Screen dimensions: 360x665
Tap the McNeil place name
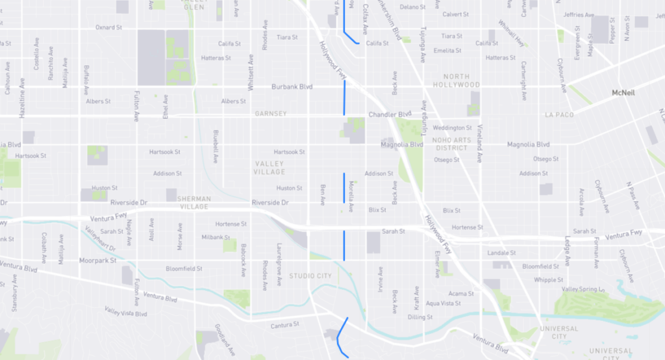point(623,94)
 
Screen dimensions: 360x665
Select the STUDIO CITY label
point(310,276)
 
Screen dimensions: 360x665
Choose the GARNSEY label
point(271,114)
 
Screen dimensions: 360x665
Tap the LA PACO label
point(559,115)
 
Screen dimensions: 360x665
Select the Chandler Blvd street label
point(390,114)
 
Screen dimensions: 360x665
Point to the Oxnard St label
point(108,28)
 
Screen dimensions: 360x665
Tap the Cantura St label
point(286,324)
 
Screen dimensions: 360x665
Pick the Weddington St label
point(452,128)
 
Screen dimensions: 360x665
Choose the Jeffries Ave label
point(579,15)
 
